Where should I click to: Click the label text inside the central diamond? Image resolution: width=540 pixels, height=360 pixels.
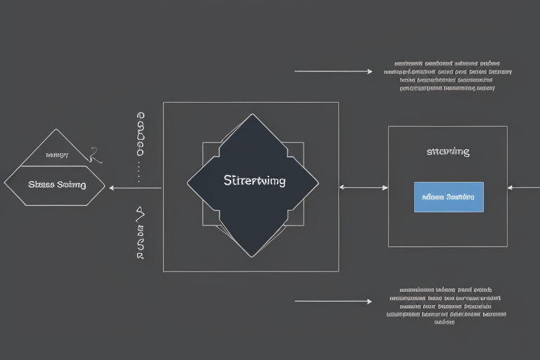[254, 181]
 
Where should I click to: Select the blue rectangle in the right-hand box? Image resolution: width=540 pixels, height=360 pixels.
[449, 197]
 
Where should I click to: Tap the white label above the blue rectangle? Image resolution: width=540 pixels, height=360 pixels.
[448, 152]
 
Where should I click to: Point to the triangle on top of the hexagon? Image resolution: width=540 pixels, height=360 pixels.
[56, 148]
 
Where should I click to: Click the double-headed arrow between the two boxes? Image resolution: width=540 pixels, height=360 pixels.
[364, 188]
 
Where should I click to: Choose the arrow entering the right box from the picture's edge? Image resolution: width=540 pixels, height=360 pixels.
[523, 188]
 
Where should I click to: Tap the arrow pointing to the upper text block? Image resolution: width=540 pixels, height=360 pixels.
[333, 72]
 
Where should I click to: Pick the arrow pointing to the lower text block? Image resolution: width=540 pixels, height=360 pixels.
[333, 302]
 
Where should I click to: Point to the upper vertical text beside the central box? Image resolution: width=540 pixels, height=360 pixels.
[141, 133]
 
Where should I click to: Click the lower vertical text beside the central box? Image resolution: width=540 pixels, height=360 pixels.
[140, 233]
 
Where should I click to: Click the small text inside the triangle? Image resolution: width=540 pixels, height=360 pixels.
[56, 154]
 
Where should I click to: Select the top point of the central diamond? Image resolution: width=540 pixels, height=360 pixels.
[252, 115]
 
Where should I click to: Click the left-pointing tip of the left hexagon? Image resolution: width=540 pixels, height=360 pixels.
[5, 186]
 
